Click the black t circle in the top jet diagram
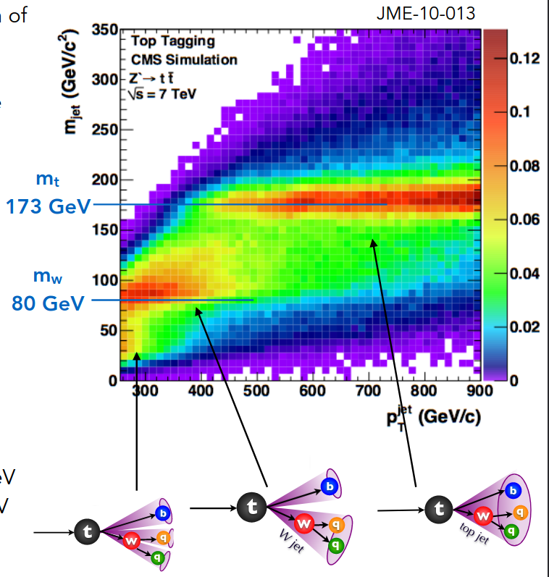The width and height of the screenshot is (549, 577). [437, 509]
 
